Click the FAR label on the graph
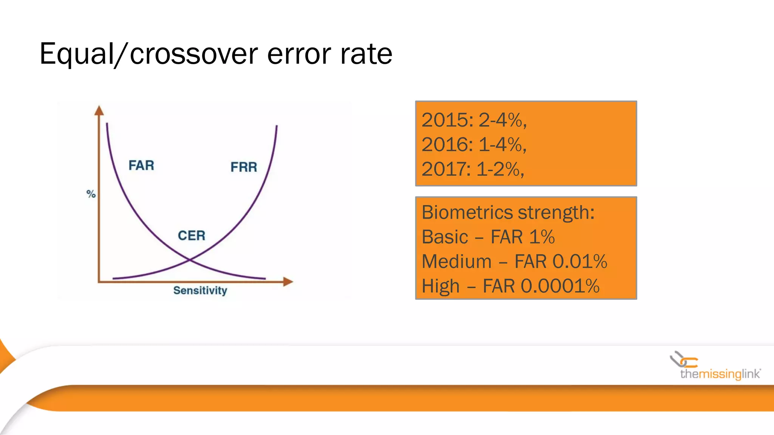[141, 165]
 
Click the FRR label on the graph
[244, 167]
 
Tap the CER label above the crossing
[192, 236]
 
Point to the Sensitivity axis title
[200, 290]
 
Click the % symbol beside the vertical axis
[91, 194]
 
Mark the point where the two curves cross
[190, 260]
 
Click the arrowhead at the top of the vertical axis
[99, 110]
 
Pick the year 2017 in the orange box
[445, 169]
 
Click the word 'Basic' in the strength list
[445, 237]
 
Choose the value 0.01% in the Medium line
[580, 262]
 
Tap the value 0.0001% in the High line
[560, 286]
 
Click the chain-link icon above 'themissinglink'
[683, 360]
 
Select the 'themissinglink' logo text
[720, 374]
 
